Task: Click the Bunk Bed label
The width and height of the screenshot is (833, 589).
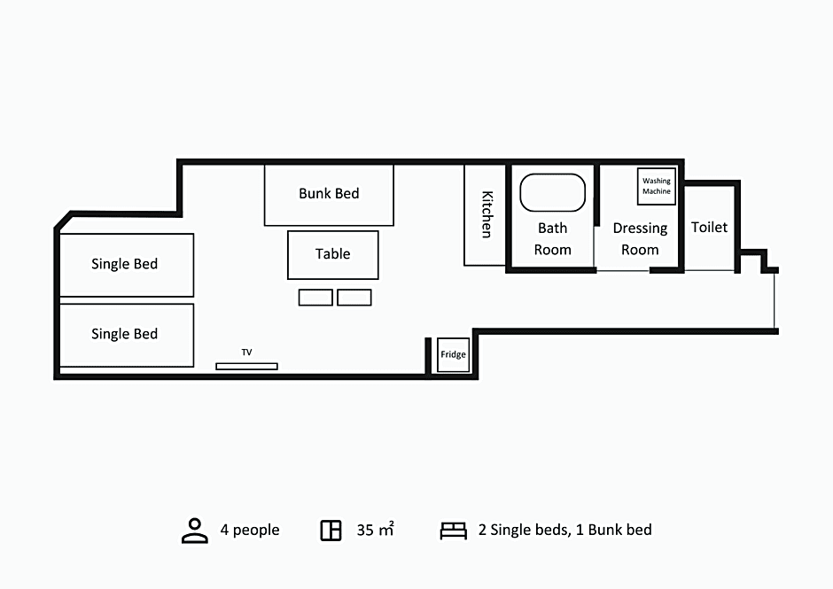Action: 329,193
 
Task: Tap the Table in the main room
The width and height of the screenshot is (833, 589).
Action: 333,255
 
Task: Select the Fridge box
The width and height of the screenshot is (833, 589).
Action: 453,355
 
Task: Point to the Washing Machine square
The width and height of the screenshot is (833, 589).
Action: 657,186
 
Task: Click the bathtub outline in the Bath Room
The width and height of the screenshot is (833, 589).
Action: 552,175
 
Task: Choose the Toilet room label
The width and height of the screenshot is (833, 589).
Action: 709,228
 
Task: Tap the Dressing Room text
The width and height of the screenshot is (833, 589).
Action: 640,239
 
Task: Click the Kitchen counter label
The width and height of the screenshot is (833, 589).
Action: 487,214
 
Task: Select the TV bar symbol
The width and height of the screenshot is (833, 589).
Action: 246,367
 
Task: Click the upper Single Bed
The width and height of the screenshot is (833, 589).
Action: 127,265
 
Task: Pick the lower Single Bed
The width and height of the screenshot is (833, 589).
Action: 127,335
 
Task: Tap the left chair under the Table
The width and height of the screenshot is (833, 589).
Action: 315,298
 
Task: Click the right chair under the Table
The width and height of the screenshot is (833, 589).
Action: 354,298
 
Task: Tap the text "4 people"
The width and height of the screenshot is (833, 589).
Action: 250,530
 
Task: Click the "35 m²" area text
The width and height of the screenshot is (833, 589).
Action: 375,530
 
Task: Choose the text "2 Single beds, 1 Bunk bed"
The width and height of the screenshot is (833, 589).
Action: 564,530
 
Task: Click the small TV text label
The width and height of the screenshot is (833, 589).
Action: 246,353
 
